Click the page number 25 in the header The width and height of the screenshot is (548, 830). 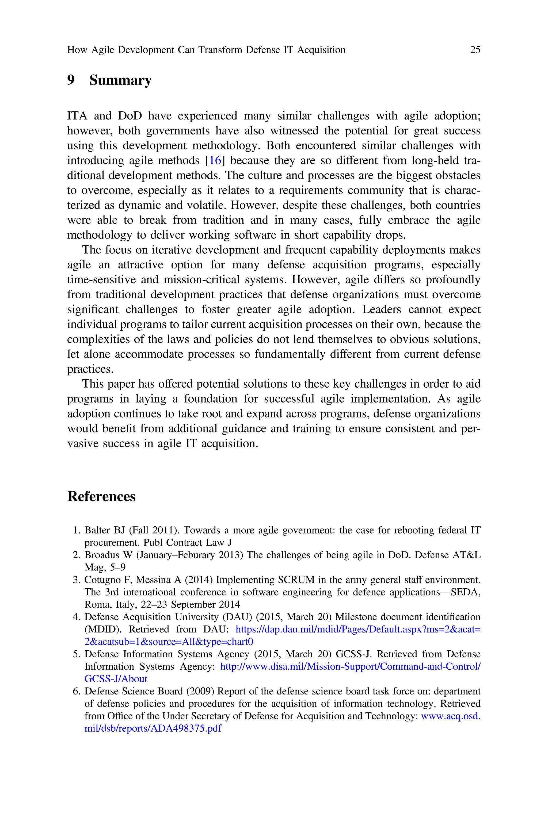[x=475, y=50]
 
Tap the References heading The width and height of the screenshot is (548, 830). [x=101, y=496]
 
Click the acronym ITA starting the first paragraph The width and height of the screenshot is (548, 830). [x=77, y=116]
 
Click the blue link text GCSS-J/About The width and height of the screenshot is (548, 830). [x=116, y=679]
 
